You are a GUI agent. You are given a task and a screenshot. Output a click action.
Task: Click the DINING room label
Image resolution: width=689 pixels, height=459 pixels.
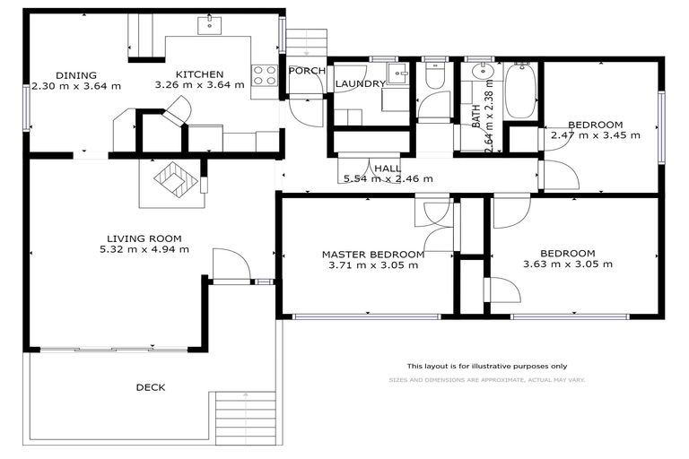tap(75, 75)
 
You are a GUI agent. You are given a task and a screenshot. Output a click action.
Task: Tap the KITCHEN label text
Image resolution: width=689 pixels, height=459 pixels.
tap(199, 74)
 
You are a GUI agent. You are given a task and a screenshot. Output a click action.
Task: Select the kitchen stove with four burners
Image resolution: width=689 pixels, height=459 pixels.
tap(264, 75)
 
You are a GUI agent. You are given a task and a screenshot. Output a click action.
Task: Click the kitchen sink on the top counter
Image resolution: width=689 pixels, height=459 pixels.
tap(212, 22)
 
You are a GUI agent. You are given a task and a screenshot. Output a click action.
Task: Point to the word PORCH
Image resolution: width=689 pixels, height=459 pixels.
tap(306, 71)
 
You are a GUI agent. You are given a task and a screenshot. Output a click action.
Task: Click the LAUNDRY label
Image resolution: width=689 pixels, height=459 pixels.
tap(361, 84)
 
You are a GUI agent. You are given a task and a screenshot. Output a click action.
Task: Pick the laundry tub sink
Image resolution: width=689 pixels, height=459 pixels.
tap(396, 73)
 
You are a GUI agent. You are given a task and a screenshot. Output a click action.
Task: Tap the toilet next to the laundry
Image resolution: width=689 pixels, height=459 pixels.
tap(435, 76)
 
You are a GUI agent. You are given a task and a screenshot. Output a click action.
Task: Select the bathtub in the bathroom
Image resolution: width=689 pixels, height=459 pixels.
tap(520, 91)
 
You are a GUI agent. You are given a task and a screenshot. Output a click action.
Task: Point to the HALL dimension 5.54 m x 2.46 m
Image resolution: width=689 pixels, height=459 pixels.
tap(388, 178)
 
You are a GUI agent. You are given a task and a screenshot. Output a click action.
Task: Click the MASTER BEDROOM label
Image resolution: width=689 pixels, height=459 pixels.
tap(373, 255)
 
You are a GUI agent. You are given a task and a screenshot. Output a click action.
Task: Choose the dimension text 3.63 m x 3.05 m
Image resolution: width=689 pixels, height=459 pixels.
tap(568, 264)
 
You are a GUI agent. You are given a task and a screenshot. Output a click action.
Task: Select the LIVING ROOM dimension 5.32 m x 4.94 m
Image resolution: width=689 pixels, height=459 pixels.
tap(147, 249)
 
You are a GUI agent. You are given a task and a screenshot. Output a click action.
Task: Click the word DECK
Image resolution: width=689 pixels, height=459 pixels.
tap(151, 387)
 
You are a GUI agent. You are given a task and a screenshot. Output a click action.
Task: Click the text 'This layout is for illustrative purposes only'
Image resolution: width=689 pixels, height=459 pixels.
tap(486, 366)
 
